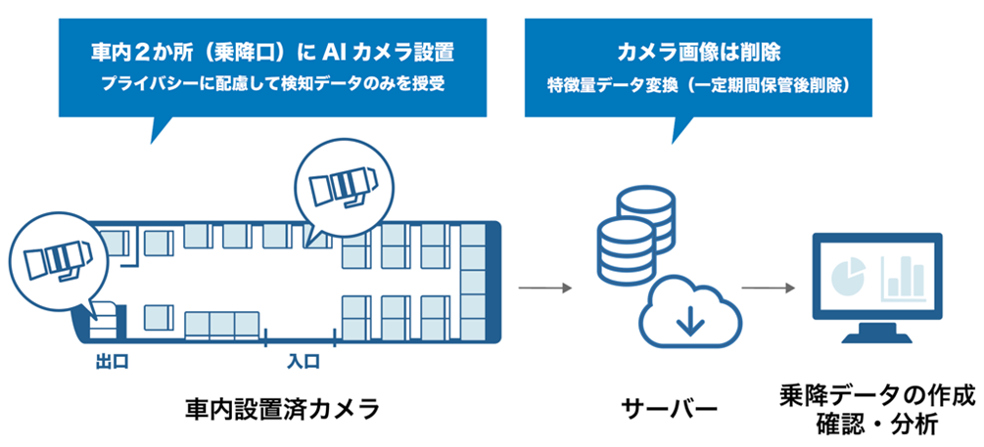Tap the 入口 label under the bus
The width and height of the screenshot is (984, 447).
pos(303,362)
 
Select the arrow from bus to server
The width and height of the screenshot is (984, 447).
pos(544,288)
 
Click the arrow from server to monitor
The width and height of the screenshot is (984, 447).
pos(769,288)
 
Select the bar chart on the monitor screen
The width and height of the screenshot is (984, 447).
pos(905,277)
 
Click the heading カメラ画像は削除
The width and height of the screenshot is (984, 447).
pos(698,50)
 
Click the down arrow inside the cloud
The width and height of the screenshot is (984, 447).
pos(689,319)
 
